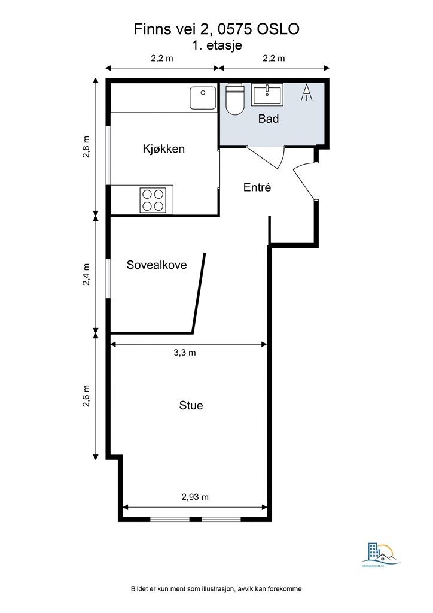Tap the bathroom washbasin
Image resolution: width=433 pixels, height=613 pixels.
(267, 95)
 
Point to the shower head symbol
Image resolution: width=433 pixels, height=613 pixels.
(307, 92)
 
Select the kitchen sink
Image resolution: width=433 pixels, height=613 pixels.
(203, 98)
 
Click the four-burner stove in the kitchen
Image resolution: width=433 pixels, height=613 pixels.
(153, 199)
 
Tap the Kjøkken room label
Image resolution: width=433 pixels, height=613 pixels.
(163, 148)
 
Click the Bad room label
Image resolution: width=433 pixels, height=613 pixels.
(269, 119)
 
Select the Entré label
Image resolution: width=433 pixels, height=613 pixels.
(257, 187)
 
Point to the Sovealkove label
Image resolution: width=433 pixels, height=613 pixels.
(156, 265)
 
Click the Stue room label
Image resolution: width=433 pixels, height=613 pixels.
(191, 405)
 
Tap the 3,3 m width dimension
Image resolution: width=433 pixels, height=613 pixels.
(184, 353)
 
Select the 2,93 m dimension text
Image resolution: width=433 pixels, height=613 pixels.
(195, 497)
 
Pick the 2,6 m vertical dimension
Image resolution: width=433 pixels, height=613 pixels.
(87, 396)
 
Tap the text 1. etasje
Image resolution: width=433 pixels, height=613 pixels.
(216, 45)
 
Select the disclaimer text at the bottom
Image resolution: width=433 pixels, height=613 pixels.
(216, 589)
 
